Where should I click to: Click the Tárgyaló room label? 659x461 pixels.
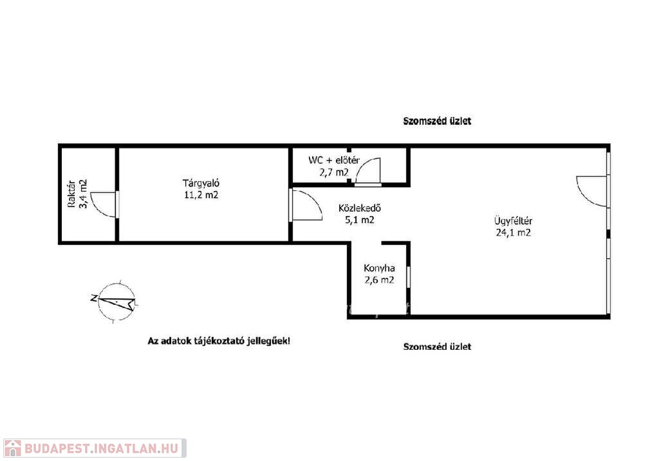(x=201, y=183)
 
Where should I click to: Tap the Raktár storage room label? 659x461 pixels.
(x=71, y=194)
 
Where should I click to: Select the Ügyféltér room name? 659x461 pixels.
(x=513, y=221)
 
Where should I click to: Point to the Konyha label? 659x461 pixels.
(x=379, y=268)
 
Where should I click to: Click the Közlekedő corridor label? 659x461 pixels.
(x=360, y=208)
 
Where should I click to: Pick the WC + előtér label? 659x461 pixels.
(x=334, y=160)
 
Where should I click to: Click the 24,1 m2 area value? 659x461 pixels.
(x=513, y=233)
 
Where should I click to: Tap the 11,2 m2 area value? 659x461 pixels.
(x=201, y=195)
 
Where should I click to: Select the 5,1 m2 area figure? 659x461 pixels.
(x=360, y=220)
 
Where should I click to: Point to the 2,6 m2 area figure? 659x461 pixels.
(x=379, y=280)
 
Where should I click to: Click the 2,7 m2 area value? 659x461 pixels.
(x=334, y=172)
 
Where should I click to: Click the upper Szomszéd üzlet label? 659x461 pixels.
(x=437, y=121)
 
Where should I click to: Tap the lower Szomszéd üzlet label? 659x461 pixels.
(x=437, y=347)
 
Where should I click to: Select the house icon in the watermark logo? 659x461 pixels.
(x=13, y=448)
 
